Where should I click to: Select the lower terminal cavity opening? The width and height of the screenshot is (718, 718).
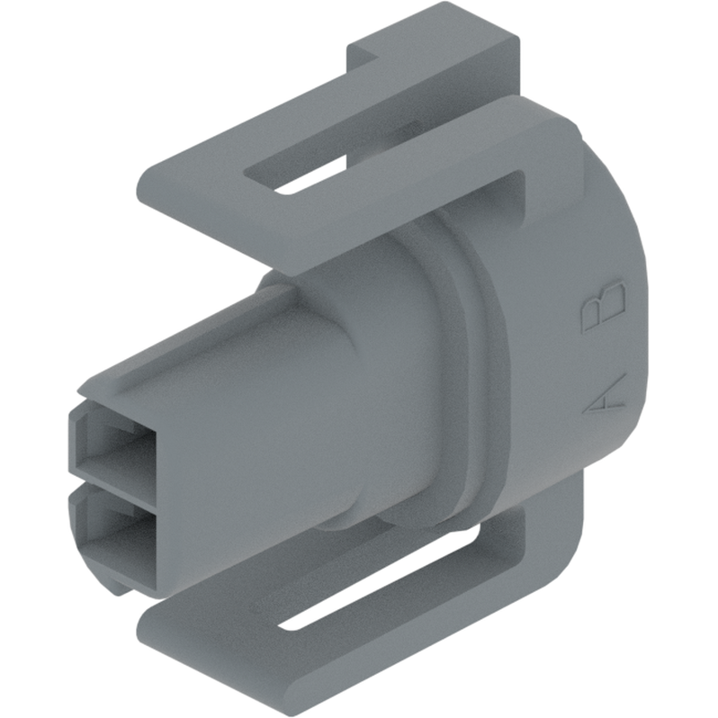112,531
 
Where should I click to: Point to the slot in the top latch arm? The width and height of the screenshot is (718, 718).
310,175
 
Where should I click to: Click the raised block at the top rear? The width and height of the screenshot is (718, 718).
423,45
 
